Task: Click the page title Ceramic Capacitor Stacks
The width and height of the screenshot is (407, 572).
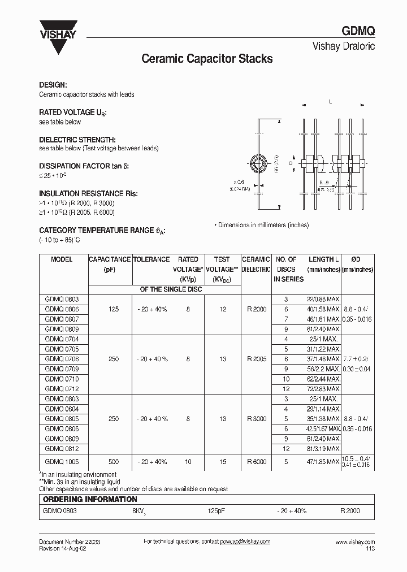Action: coord(206,59)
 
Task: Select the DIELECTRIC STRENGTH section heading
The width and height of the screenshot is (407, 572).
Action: coord(77,139)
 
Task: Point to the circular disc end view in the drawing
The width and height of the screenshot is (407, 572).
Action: coord(261,164)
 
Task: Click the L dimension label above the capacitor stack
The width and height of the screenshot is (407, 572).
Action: coord(330,102)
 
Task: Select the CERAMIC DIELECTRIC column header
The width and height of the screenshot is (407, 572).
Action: coord(256,265)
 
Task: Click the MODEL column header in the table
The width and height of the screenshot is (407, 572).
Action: coord(62,259)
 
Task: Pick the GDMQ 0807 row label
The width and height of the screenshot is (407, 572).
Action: coord(62,319)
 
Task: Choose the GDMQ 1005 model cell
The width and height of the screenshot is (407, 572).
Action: coord(62,462)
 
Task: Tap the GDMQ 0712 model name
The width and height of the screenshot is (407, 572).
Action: coord(62,389)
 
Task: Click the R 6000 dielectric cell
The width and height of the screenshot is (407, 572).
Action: coord(257,462)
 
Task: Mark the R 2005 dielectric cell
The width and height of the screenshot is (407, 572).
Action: coord(257,359)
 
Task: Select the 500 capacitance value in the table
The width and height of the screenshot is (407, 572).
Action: coord(114,462)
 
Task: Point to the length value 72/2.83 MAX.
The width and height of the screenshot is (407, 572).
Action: coord(323,389)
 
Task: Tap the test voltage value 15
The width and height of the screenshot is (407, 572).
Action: coord(223,462)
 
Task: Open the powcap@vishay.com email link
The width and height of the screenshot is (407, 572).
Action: coord(245,541)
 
